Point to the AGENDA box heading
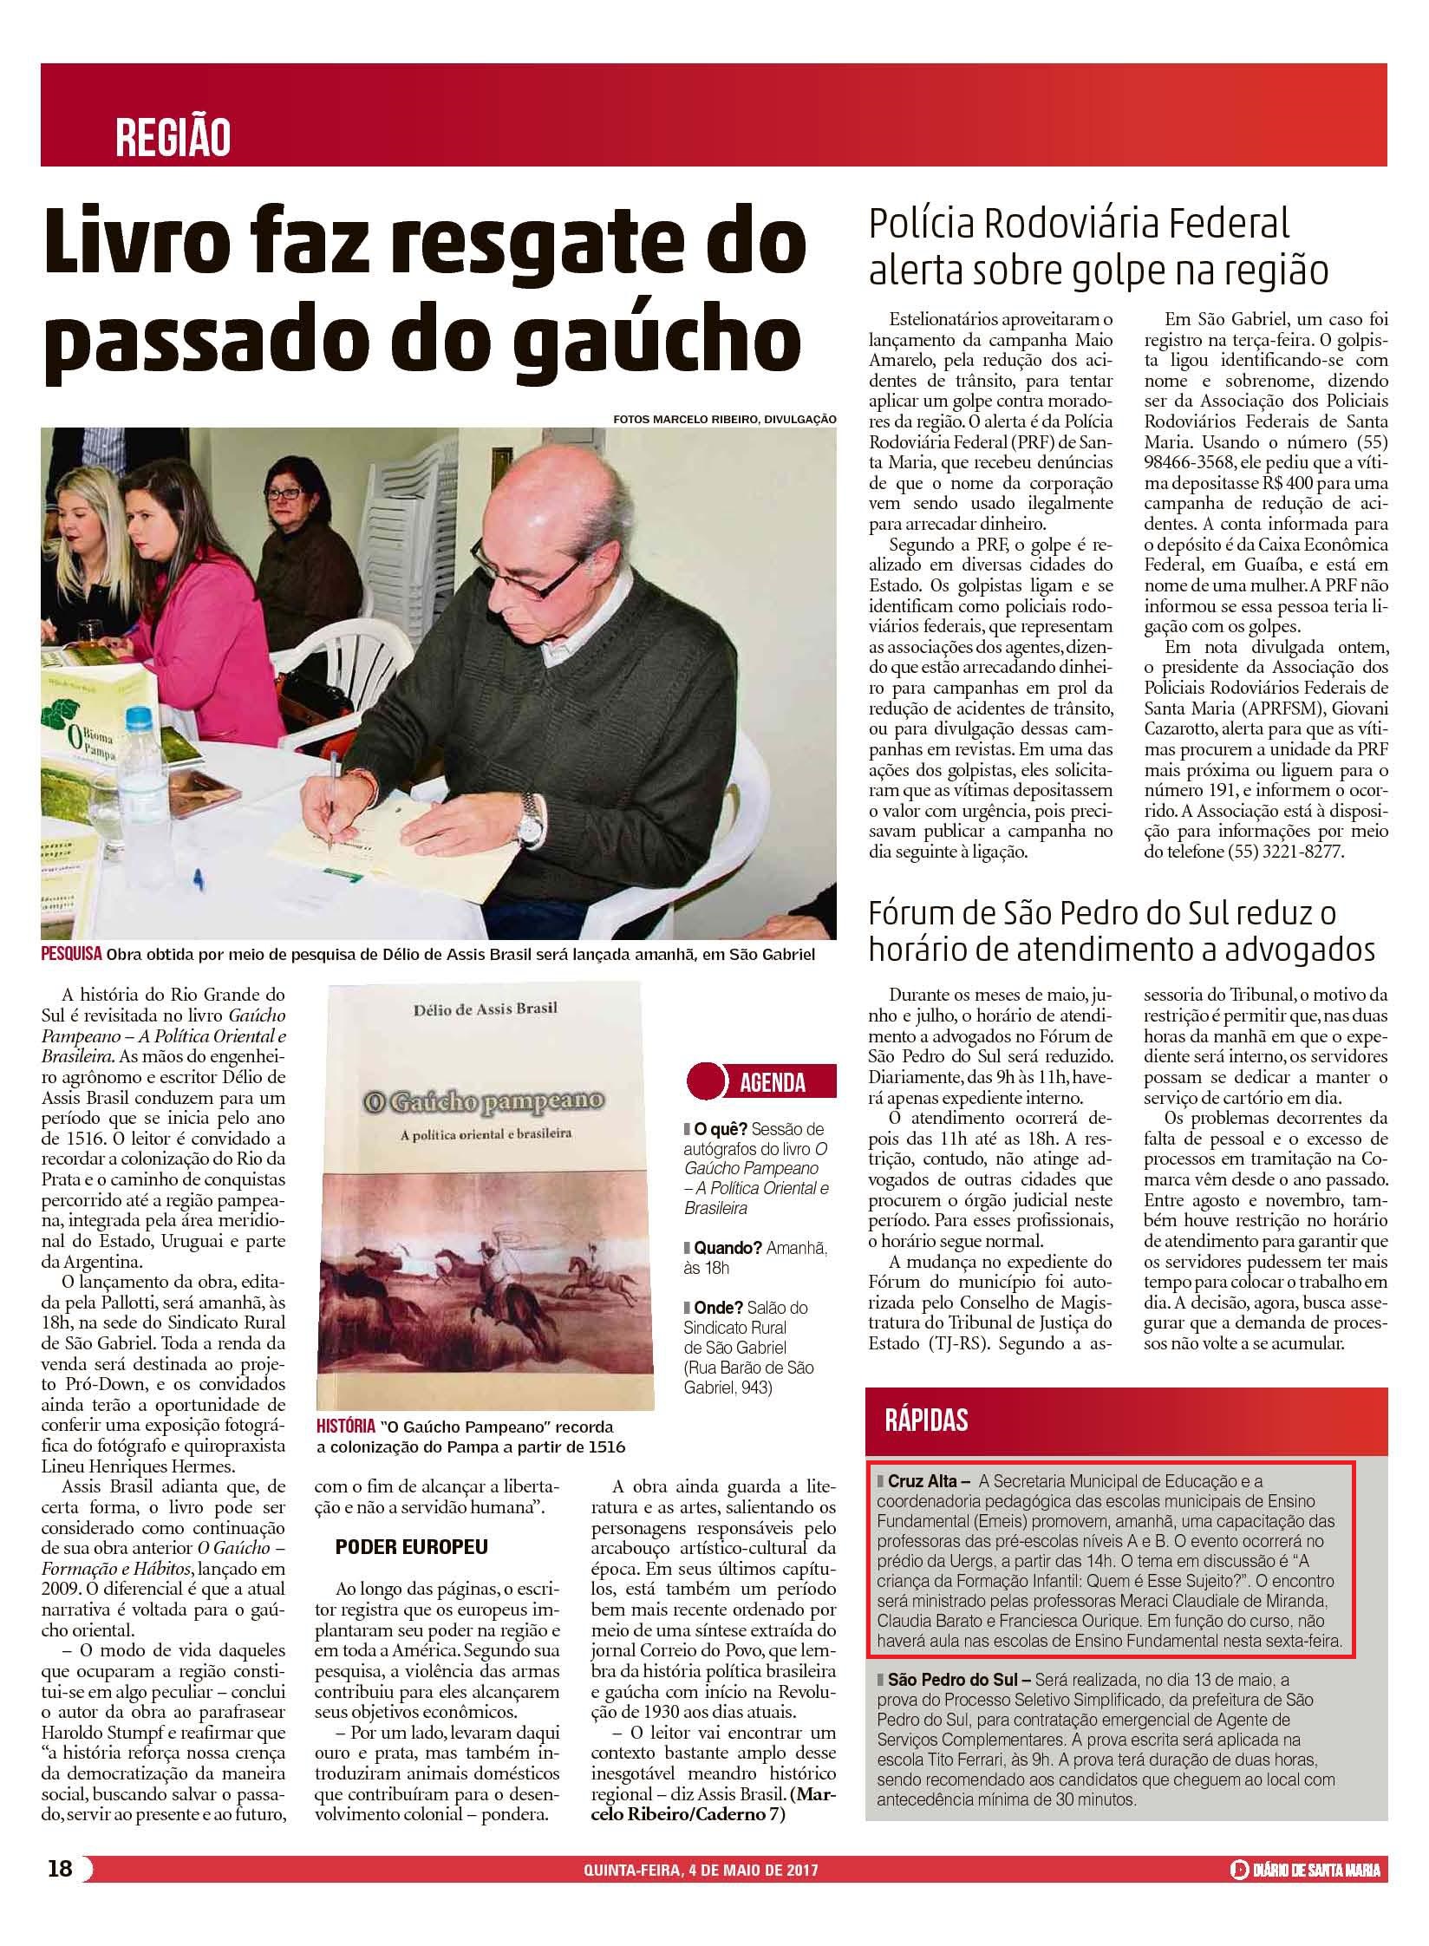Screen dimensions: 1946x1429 click(772, 1083)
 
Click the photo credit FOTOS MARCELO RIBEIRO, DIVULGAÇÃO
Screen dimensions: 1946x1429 click(724, 419)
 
